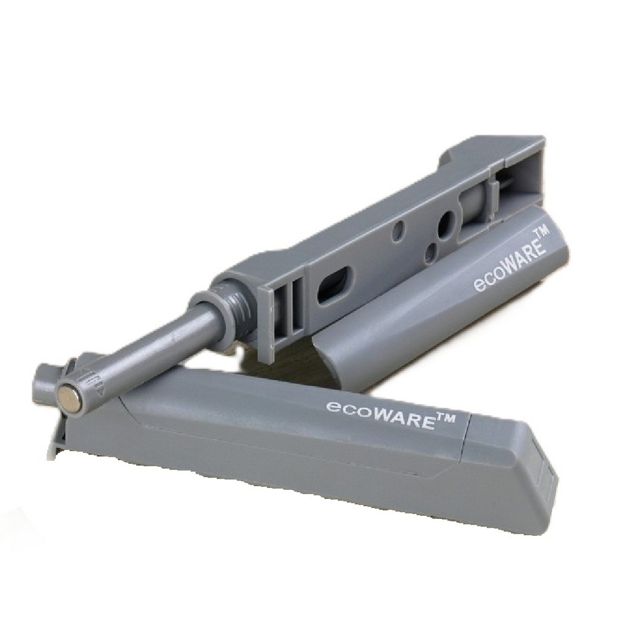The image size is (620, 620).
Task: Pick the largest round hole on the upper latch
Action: [445, 226]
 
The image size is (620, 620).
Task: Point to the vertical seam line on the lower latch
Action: [466, 440]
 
